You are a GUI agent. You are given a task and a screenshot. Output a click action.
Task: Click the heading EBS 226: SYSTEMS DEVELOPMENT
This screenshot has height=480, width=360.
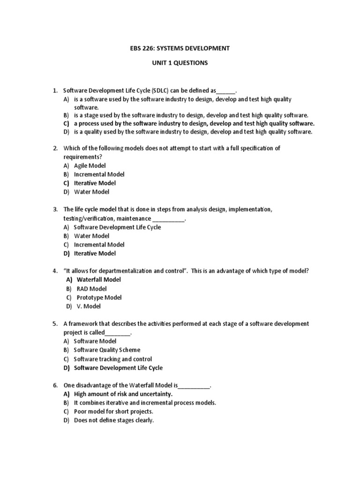tap(180, 48)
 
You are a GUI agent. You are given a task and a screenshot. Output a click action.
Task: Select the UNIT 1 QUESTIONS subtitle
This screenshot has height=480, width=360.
tap(180, 63)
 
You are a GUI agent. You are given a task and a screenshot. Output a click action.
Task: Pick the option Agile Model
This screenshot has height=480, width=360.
tap(90, 165)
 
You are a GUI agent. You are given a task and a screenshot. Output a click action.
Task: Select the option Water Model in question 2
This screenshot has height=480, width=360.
tap(91, 192)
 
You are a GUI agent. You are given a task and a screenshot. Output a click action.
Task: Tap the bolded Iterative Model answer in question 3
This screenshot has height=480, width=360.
tap(95, 254)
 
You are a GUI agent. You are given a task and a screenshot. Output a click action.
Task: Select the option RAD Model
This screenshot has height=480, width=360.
tap(91, 289)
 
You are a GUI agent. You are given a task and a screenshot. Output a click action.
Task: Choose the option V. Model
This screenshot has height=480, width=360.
tap(88, 306)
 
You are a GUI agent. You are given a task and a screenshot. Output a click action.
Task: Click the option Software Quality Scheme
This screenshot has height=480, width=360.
tap(107, 350)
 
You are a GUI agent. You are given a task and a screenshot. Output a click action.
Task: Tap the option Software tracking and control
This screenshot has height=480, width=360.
tap(113, 359)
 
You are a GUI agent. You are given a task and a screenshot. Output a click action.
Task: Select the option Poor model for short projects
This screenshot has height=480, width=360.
tap(113, 412)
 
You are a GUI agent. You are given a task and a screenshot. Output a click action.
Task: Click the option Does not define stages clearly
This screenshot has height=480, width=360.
tap(114, 420)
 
